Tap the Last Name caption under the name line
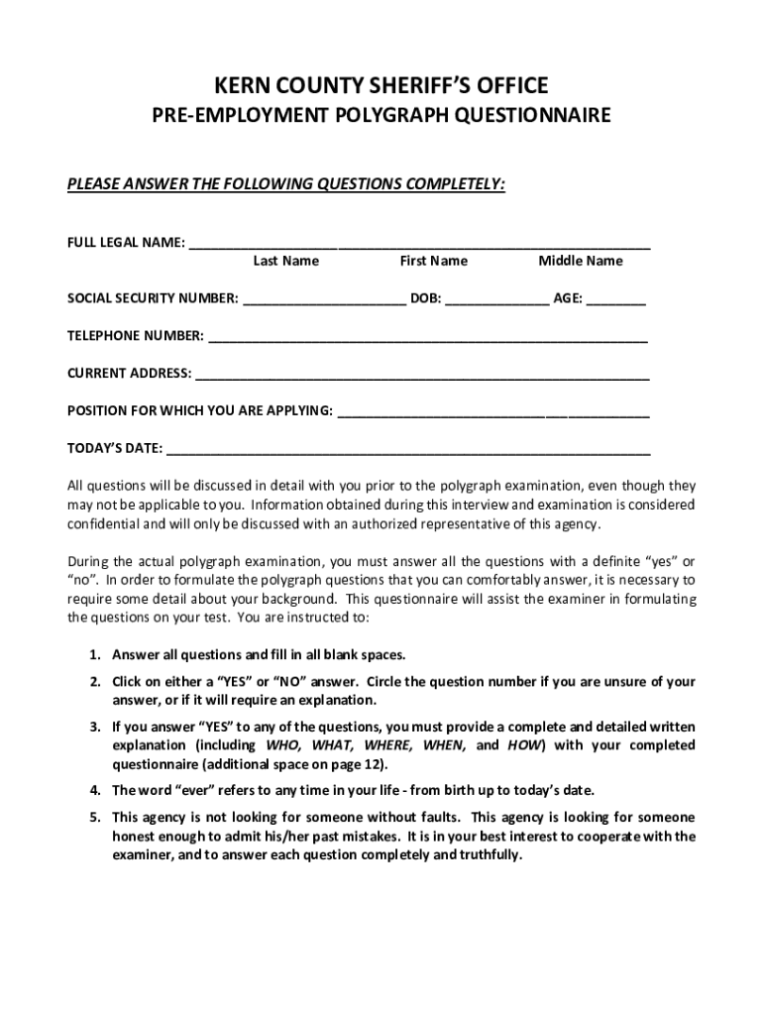(285, 261)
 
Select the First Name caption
(433, 261)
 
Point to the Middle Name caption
(581, 261)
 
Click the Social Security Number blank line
(323, 300)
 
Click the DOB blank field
(496, 300)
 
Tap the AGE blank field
(615, 300)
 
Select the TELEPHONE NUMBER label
(135, 336)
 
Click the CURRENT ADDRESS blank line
(422, 376)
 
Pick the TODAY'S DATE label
(114, 448)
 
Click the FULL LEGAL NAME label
(125, 243)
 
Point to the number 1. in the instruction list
(94, 655)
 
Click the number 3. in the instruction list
(94, 726)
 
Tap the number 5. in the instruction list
(94, 818)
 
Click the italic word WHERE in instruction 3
(387, 744)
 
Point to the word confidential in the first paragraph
(103, 523)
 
